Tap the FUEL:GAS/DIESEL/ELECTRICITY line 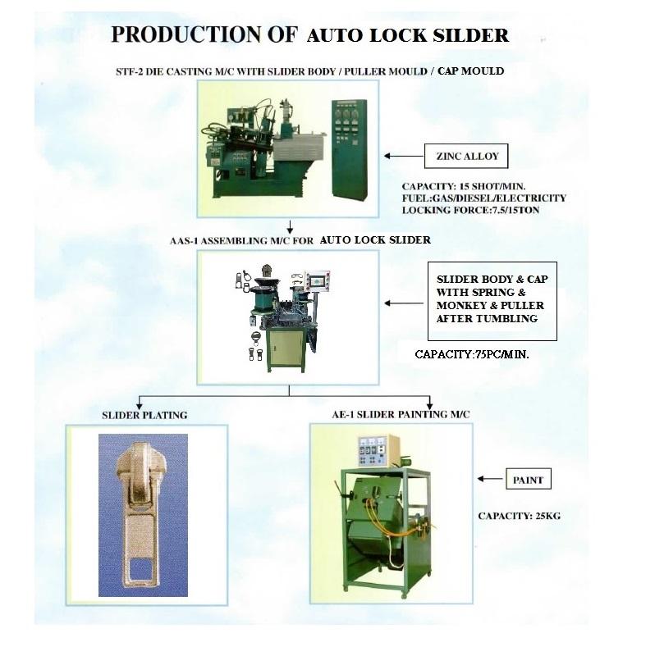click(x=483, y=198)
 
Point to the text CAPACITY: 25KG click(x=519, y=517)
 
